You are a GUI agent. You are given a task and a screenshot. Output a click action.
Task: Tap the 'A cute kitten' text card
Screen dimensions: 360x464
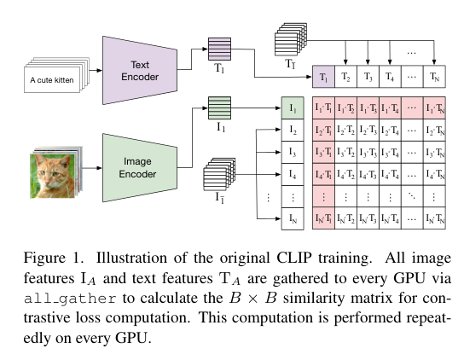54,82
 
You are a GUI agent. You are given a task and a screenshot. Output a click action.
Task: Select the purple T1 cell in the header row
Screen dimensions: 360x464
323,77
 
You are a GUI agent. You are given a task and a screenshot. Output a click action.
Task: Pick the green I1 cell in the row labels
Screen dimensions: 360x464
293,108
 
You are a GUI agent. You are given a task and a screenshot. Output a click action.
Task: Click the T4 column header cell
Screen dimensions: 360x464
390,77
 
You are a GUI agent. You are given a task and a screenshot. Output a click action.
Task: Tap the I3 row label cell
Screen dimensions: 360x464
293,154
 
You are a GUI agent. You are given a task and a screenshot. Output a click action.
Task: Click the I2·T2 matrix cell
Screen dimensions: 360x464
345,131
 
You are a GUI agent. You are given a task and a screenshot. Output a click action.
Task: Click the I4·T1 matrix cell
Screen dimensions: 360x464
323,176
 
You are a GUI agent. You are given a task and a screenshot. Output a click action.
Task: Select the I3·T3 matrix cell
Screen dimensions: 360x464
368,154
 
